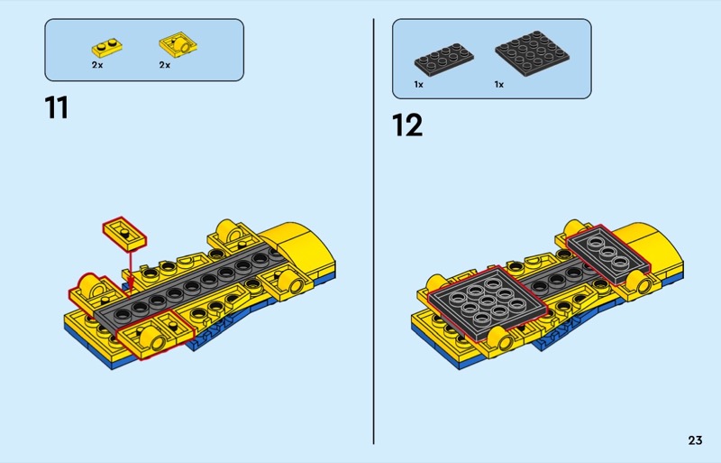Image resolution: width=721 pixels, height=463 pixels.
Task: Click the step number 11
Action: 57,107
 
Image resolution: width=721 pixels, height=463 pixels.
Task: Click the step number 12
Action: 407,125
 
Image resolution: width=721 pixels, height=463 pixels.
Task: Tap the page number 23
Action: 695,440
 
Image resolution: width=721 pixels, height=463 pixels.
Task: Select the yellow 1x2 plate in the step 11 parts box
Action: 106,48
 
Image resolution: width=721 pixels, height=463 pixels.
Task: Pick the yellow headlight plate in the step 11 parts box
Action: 178,45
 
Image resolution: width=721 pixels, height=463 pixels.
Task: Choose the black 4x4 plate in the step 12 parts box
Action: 532,53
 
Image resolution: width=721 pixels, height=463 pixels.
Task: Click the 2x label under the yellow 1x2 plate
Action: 97,65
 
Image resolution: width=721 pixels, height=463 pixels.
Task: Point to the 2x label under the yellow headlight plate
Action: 165,65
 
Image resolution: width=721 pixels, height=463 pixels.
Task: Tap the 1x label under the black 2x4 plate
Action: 418,84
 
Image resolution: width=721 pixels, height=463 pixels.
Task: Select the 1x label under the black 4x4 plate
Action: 499,84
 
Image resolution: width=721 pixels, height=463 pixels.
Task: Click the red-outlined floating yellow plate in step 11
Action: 124,234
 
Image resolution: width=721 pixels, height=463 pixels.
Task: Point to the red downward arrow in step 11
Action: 131,271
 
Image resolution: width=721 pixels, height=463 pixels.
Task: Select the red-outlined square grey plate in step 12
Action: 488,302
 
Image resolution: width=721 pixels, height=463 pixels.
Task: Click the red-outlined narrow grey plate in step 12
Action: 607,254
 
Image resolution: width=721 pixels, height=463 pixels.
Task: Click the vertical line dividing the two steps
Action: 373,231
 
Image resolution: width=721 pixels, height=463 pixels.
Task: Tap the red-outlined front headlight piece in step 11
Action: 154,334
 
